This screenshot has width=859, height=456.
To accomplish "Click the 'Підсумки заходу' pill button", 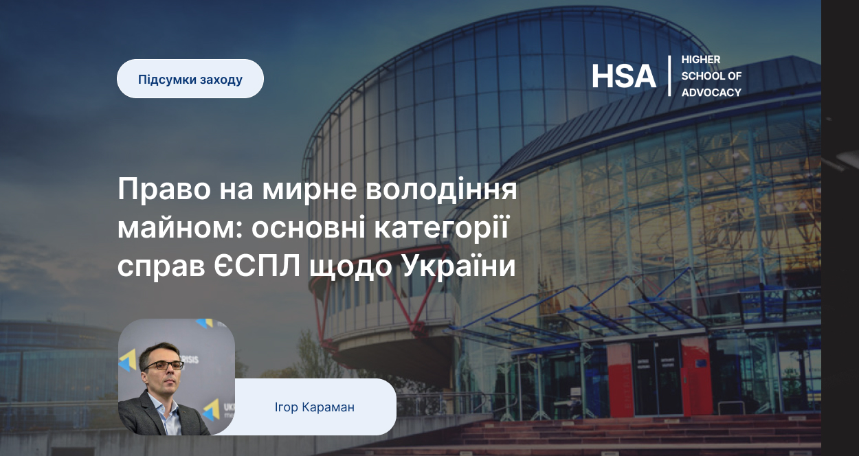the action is click(190, 78).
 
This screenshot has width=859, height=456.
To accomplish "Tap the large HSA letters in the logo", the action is click(623, 76).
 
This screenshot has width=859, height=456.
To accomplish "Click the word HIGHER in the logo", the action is click(701, 60).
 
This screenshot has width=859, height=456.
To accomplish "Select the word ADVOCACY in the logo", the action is click(711, 92).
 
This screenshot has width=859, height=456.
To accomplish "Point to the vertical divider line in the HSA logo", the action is click(669, 76).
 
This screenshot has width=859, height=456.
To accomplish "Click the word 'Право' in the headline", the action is click(164, 189).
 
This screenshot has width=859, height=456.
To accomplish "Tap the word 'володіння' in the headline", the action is click(441, 189).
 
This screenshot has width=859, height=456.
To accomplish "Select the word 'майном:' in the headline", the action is click(180, 227).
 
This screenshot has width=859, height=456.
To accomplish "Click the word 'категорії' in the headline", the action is click(441, 227).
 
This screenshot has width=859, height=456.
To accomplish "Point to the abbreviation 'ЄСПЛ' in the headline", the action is click(256, 266).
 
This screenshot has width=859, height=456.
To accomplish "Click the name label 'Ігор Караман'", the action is click(315, 407).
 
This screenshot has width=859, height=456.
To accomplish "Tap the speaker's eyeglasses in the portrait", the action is click(163, 365).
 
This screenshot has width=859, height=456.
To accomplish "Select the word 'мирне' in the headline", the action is click(309, 189).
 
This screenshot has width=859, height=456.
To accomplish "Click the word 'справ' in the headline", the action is click(161, 266).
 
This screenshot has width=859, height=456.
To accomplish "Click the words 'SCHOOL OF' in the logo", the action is click(711, 76).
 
